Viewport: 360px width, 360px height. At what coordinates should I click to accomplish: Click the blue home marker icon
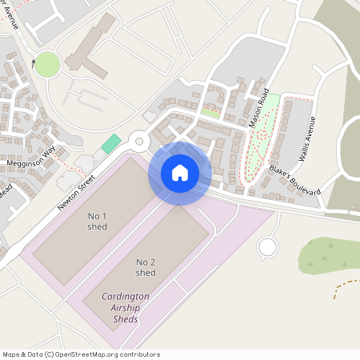coord(180,173)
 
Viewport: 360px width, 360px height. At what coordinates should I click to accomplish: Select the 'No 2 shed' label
coord(146,267)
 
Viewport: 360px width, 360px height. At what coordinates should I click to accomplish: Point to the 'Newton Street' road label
coord(76,193)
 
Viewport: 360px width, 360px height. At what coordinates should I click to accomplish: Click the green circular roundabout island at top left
coord(47,64)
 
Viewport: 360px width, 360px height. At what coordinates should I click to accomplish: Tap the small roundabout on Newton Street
coord(140,142)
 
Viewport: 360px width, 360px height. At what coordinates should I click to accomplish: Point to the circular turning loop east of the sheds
coord(267,247)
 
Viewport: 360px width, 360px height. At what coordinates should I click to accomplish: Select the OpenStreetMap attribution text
coord(81,354)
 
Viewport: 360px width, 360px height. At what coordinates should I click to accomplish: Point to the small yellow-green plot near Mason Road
coord(210,113)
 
